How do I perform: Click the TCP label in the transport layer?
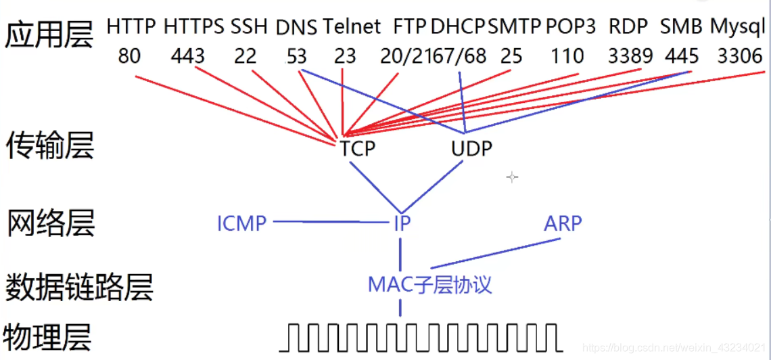(x=358, y=149)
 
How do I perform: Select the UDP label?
(x=471, y=149)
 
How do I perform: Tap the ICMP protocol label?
(x=241, y=223)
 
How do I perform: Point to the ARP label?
(x=562, y=223)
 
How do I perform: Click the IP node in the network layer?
(x=402, y=224)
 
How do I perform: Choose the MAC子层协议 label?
(x=429, y=284)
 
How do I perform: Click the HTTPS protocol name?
(x=194, y=26)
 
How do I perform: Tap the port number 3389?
(x=630, y=55)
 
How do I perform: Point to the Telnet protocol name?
(x=352, y=26)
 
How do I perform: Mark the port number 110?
(x=567, y=55)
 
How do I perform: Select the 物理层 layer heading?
(x=47, y=336)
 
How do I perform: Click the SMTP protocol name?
(x=515, y=26)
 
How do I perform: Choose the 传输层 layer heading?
(x=49, y=146)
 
